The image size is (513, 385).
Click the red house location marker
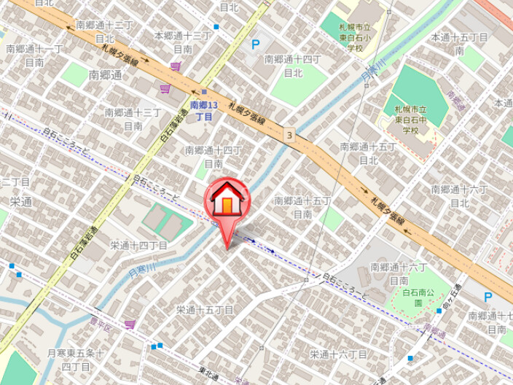(227, 198)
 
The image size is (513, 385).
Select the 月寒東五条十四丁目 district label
(75, 358)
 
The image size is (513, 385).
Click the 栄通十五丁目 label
(204, 310)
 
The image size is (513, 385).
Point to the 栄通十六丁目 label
(338, 354)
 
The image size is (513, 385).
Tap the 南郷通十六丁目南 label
(398, 273)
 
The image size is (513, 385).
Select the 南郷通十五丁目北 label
(368, 153)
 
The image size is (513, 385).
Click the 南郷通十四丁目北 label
(293, 66)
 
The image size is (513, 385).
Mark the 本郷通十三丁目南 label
(183, 42)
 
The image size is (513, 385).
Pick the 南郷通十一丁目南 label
(34, 55)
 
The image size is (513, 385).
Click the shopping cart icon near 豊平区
(130, 324)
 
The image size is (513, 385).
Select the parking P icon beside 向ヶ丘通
(488, 297)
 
